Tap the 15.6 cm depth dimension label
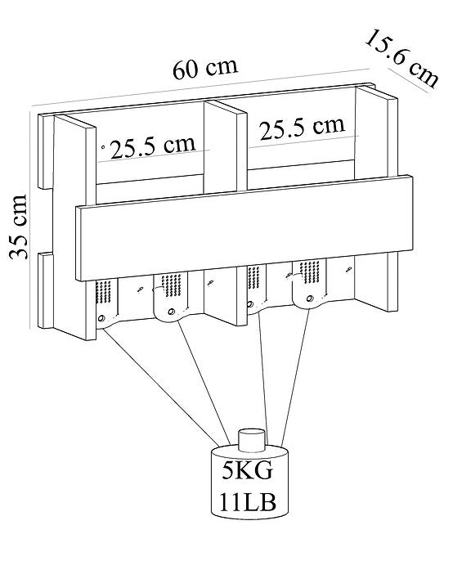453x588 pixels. point(401,59)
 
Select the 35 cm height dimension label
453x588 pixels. point(18,227)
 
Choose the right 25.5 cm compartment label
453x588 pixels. point(303,128)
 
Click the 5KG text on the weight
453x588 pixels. point(247,470)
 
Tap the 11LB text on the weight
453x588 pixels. point(248,502)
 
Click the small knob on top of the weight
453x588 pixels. point(253,439)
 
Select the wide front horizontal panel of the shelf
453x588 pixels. point(244,227)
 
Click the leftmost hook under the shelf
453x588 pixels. point(106,304)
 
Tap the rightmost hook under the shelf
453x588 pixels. point(310,284)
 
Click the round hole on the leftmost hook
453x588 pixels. point(101,319)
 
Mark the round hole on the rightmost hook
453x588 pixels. point(310,298)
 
